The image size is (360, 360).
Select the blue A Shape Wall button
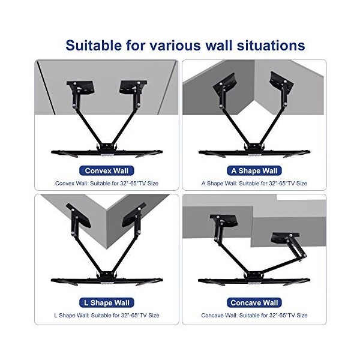click(x=255, y=170)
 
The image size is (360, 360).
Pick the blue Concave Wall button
click(x=255, y=303)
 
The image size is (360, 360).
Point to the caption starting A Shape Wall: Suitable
click(x=254, y=183)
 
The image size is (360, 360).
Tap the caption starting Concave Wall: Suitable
click(x=254, y=315)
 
